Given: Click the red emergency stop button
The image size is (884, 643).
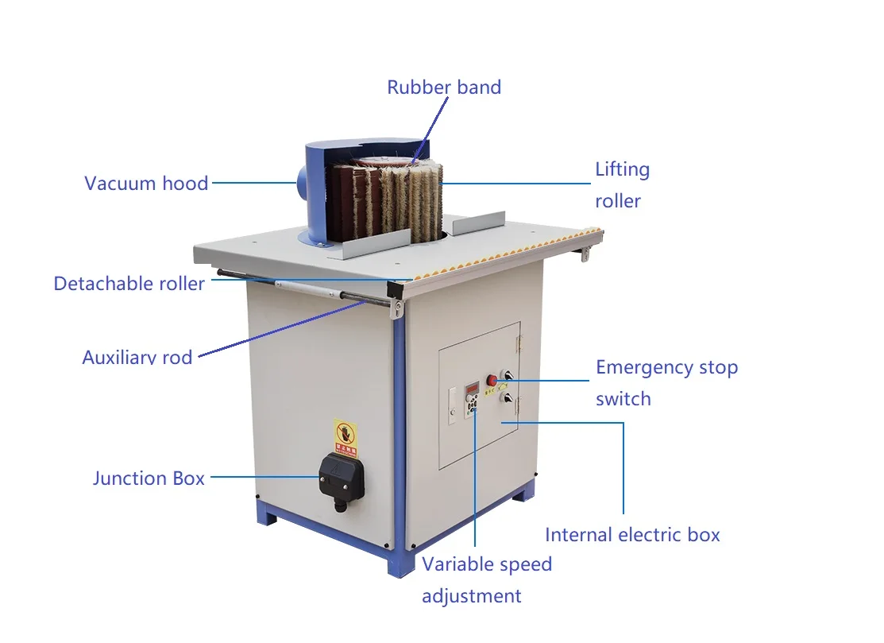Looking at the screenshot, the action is coord(492,379).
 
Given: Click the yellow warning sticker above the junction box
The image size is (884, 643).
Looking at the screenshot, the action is coord(345,438).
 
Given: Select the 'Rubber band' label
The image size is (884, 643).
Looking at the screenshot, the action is coord(444,87).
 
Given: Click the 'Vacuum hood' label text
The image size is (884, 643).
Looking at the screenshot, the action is coord(146,183).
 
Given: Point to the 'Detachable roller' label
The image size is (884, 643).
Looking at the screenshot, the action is coord(129,283).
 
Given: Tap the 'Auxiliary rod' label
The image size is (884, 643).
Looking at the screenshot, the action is coord(137,357).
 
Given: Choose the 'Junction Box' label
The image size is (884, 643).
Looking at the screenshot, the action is coord(149,478).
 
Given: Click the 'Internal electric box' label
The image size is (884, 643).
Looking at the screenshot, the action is coord(632,535).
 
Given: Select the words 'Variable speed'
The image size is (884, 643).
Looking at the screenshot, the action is coord(486,564).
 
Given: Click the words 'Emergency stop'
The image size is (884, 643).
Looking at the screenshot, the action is coord(666,367).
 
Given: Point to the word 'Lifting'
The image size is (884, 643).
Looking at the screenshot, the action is coord(622,169).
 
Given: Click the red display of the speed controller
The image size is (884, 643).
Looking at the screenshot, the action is coord(473,388).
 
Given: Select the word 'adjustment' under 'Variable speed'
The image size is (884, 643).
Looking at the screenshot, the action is coord(471,596).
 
